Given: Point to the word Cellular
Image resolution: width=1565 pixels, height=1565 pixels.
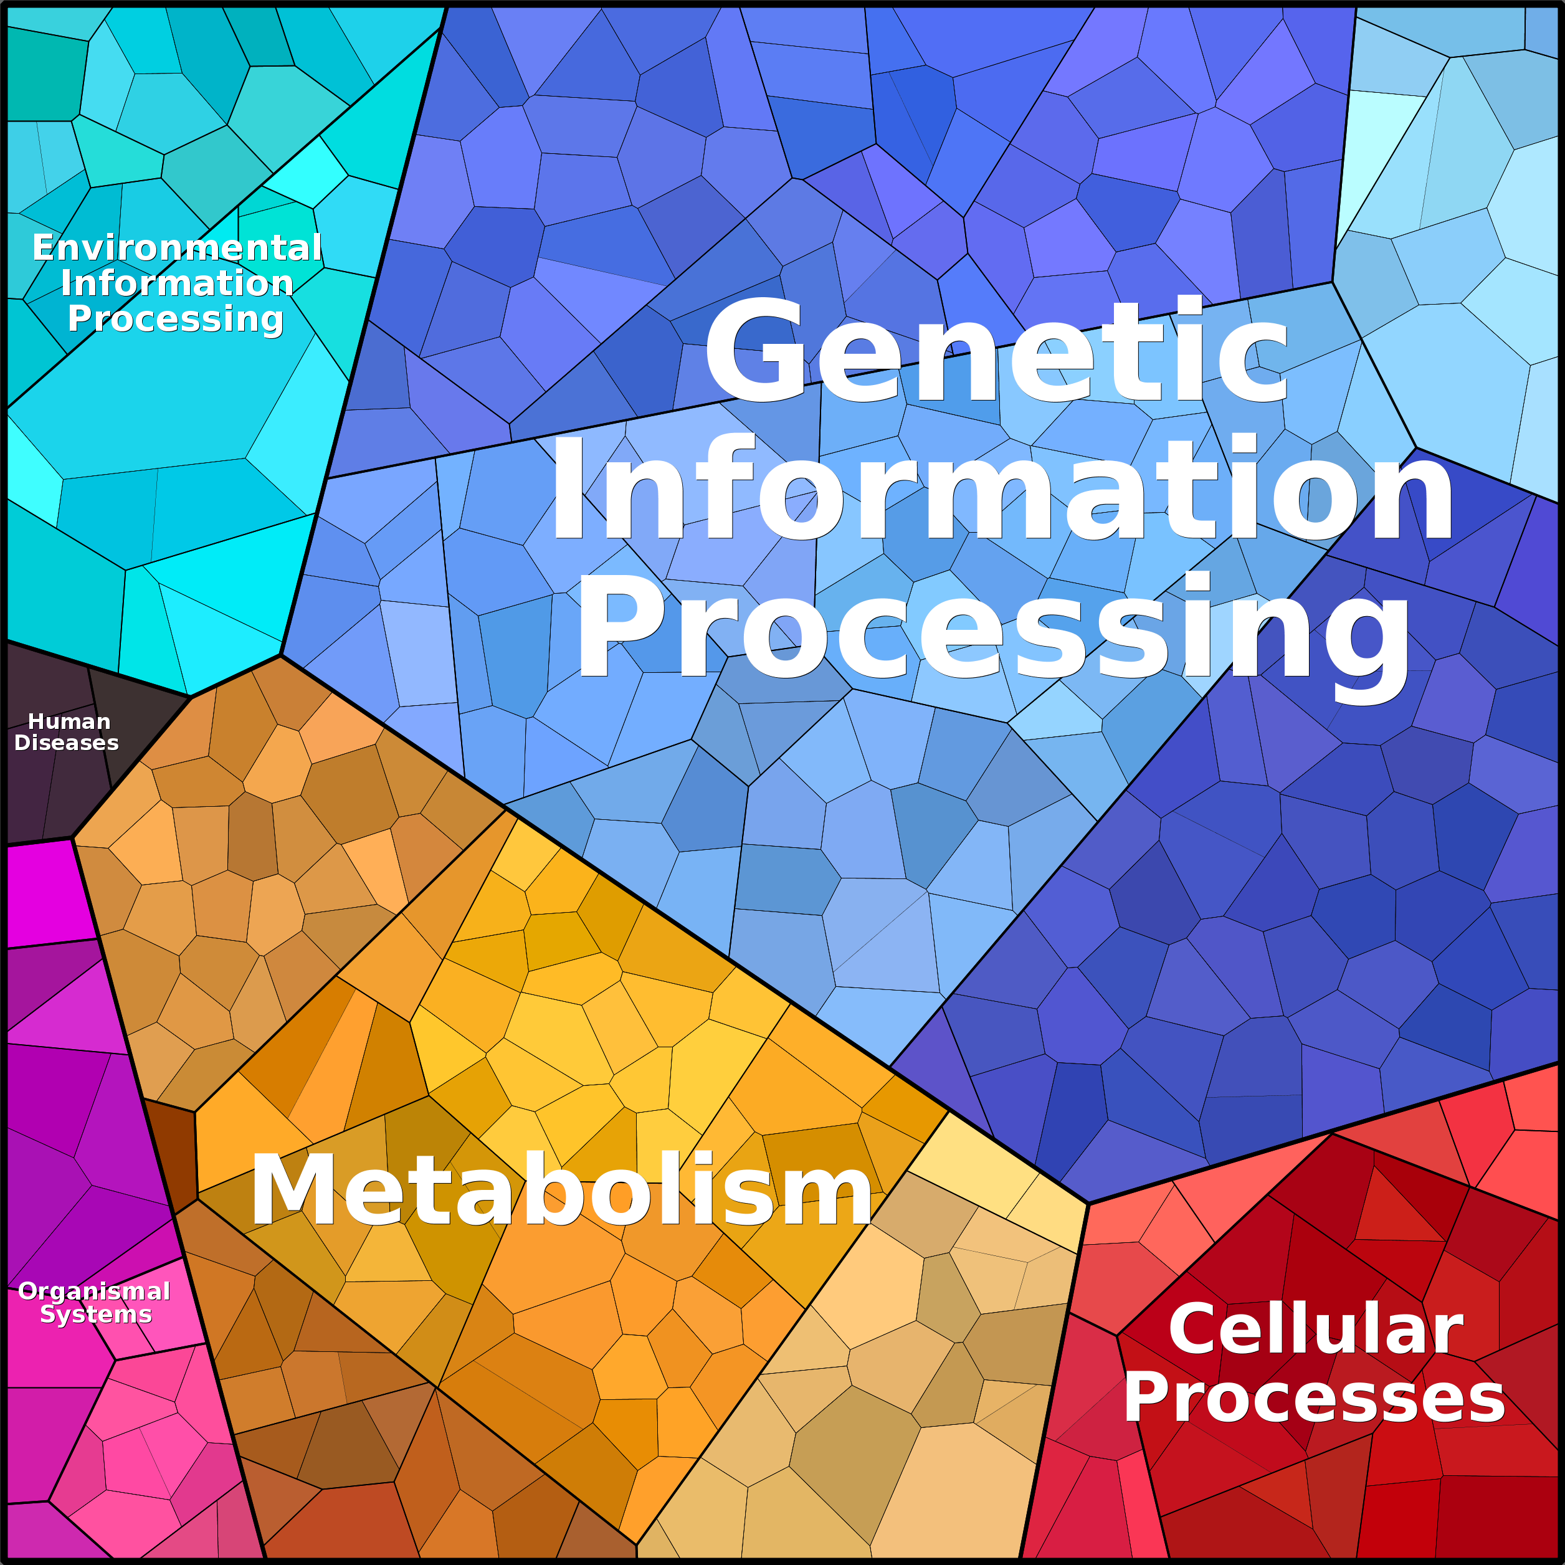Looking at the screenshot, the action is point(1316,1330).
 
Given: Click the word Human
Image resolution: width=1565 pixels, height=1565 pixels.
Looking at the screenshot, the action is point(69,721).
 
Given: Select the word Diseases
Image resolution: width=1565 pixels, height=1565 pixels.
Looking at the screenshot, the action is point(67,743).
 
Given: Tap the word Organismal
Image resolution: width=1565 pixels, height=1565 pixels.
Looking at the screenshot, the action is point(94,1291).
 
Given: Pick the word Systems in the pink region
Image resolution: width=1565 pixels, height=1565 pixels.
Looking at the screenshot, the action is point(95,1314).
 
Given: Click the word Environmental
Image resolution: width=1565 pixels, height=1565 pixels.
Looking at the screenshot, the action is point(176,247).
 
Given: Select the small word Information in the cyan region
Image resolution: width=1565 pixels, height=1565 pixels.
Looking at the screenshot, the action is point(176,283).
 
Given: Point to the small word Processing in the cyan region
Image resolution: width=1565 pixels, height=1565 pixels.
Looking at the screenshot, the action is point(176,319).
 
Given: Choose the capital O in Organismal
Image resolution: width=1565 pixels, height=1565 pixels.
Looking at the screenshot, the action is point(31,1291).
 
